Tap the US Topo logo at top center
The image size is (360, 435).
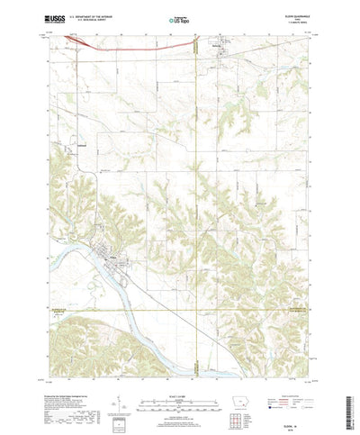coord(179,18)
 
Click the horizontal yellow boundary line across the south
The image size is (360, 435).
coord(180,312)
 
